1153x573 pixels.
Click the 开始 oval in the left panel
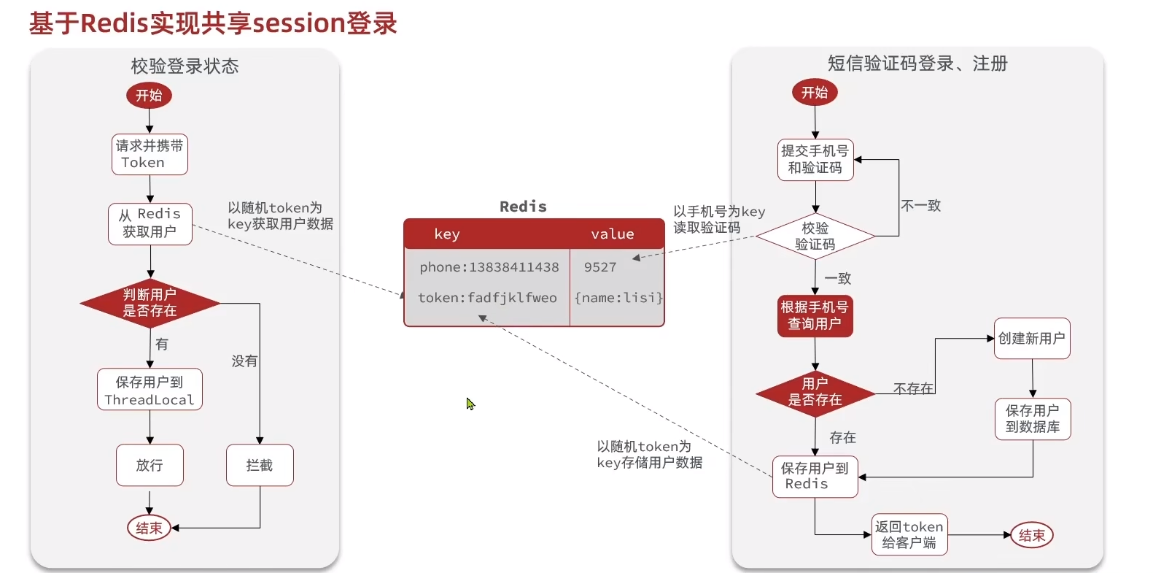[149, 96]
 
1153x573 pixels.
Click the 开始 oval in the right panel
[815, 93]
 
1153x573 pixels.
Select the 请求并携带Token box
[150, 154]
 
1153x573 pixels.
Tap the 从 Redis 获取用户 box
[150, 223]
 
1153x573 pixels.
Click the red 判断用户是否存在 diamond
[150, 303]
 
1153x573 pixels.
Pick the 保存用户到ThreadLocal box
[150, 390]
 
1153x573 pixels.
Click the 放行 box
[150, 465]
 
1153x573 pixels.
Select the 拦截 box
[260, 465]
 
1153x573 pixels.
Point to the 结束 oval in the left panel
[149, 528]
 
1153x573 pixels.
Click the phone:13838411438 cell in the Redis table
[489, 267]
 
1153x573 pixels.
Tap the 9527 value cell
[600, 267]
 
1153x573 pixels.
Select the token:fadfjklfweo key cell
[487, 298]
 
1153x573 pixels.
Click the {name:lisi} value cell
[618, 298]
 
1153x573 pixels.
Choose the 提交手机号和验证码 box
[815, 160]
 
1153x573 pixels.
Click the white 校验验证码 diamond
[815, 236]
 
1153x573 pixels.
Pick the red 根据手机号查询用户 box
[815, 315]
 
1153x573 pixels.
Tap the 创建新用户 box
[1032, 339]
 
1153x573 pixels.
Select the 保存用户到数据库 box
[1033, 419]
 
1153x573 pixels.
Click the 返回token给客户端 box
[909, 534]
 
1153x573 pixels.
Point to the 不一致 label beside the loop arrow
[921, 206]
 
